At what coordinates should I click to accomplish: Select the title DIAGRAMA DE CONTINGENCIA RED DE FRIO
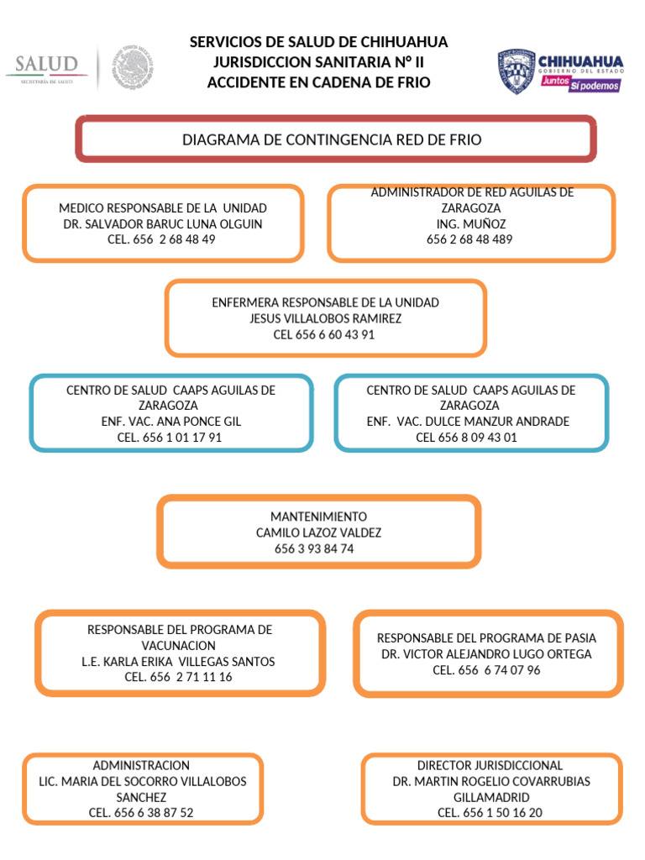coord(332,139)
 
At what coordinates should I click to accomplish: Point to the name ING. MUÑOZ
coord(470,223)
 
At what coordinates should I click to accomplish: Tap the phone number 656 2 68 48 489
coord(469,239)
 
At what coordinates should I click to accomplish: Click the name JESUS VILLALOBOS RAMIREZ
coord(325,318)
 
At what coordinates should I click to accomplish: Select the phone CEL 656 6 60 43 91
coord(324,334)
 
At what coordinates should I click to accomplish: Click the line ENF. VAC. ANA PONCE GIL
coord(170,422)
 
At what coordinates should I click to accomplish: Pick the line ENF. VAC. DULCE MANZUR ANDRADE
coord(468,422)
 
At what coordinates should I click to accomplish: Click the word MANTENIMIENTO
coord(318,517)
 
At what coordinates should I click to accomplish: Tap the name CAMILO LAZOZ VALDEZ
coord(318,532)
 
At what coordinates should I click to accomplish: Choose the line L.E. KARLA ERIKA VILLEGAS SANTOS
coord(178,661)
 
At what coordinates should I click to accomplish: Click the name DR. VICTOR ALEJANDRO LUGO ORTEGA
coord(486,653)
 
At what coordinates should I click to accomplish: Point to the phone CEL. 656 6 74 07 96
coord(486,669)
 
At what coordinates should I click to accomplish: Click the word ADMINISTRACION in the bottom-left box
coord(141,766)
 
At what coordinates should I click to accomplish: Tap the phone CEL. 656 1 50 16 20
coord(490,813)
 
